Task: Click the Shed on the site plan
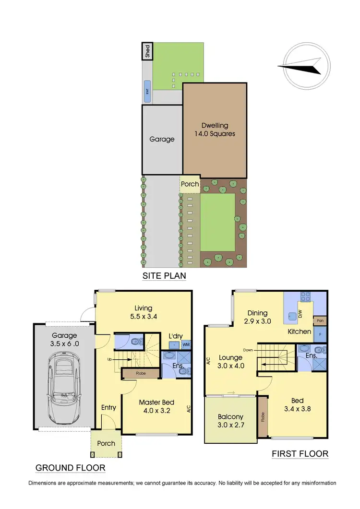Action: (x=147, y=50)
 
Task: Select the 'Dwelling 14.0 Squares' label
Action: (x=215, y=130)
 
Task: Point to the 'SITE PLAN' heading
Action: (x=164, y=276)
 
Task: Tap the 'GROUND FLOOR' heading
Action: (x=70, y=468)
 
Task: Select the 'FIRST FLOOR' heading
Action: (x=300, y=453)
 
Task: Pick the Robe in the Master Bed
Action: (x=141, y=372)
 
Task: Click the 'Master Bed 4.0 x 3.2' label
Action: (x=156, y=406)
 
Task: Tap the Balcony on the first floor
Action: (x=230, y=421)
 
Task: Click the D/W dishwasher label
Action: (x=301, y=315)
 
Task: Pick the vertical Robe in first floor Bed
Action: (x=263, y=417)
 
